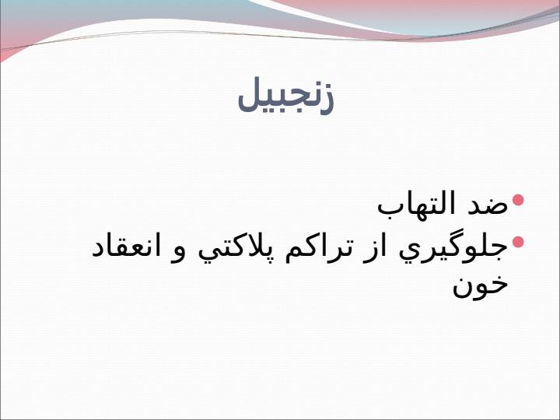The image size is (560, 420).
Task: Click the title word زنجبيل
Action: coord(285,96)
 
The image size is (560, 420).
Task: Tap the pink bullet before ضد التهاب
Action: coord(518,200)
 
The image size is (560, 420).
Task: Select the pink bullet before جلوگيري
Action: coord(518,242)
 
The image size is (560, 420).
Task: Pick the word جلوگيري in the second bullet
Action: coord(453,250)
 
